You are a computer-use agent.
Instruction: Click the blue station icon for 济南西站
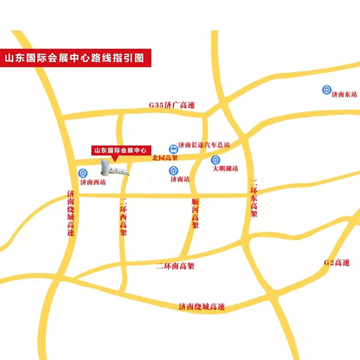click(x=84, y=173)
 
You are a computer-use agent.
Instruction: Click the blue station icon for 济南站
click(x=172, y=170)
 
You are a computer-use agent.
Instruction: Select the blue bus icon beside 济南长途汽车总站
click(x=172, y=146)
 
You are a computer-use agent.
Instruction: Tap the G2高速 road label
click(x=336, y=262)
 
